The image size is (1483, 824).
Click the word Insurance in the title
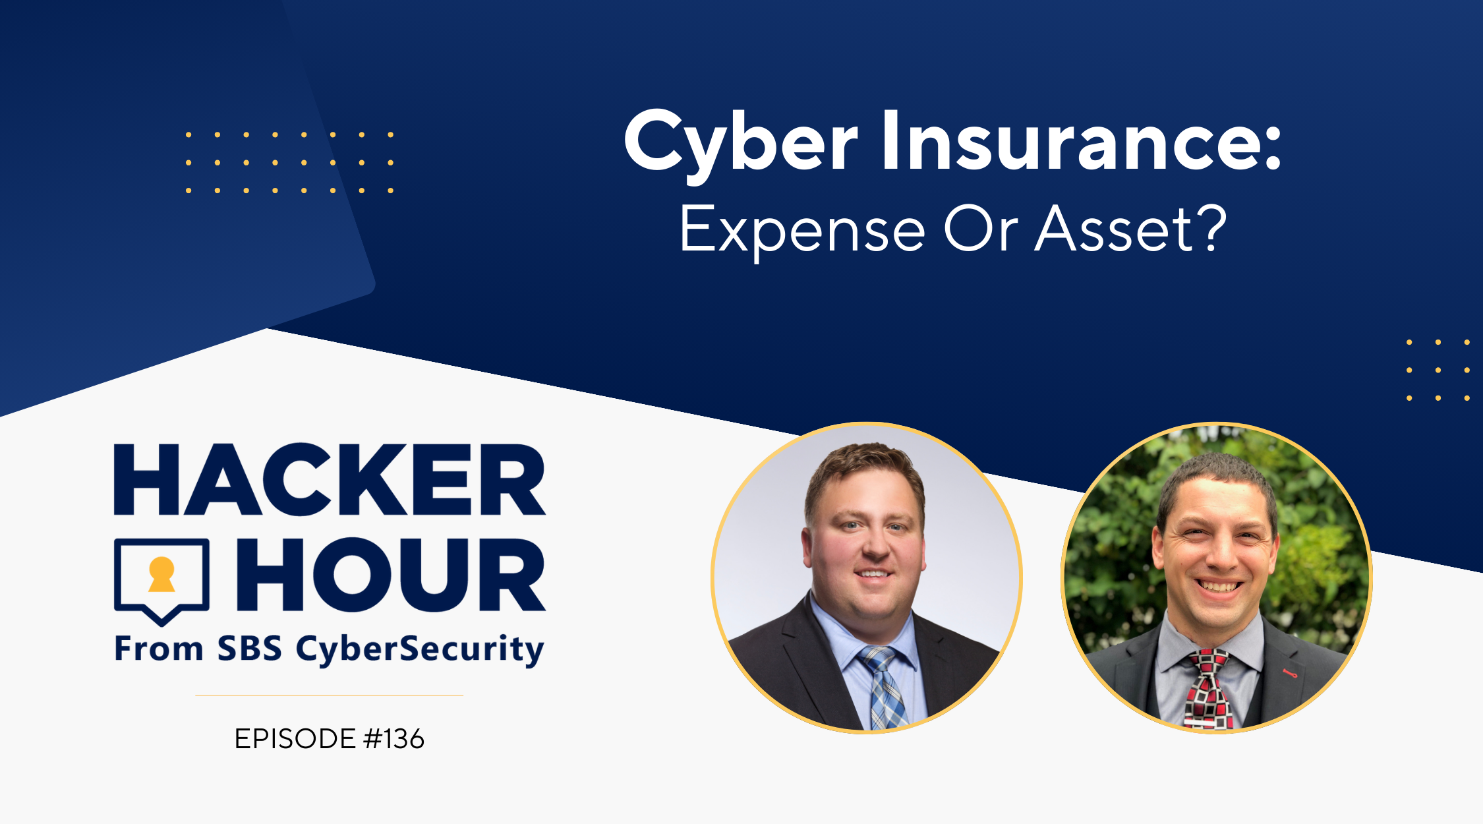coord(1074,140)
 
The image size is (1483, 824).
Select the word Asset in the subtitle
coord(1115,229)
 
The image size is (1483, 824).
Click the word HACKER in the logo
coord(330,479)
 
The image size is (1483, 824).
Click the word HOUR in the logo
coord(391,574)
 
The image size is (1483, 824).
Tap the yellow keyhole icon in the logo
coord(161,574)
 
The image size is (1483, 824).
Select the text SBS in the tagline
coord(250,649)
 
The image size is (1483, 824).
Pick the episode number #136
coord(393,739)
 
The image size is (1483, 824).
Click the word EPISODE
coord(295,739)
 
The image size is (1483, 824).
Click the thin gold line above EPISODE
coord(330,695)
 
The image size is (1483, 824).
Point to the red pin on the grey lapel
coord(1290,673)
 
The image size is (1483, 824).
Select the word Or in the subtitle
coord(980,229)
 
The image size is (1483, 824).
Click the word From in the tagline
coord(158,649)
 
